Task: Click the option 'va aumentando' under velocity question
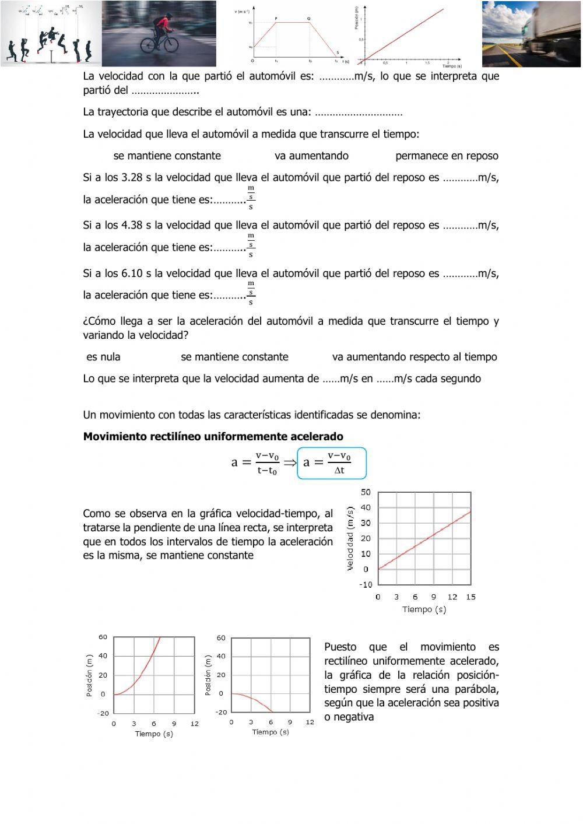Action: (311, 156)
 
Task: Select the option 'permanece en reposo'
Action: (447, 156)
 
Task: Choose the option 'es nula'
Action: (103, 357)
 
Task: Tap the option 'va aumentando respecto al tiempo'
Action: (415, 357)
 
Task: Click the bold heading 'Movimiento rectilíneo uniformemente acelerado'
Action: (213, 437)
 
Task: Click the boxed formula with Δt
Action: (332, 463)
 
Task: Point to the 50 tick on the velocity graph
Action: (366, 492)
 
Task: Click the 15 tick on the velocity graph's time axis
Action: (470, 597)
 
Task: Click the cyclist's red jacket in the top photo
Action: (165, 24)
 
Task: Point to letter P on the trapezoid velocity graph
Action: (276, 19)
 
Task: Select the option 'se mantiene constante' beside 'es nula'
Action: (234, 357)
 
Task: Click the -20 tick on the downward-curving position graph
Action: (221, 712)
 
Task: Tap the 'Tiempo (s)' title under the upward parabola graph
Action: (154, 734)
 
